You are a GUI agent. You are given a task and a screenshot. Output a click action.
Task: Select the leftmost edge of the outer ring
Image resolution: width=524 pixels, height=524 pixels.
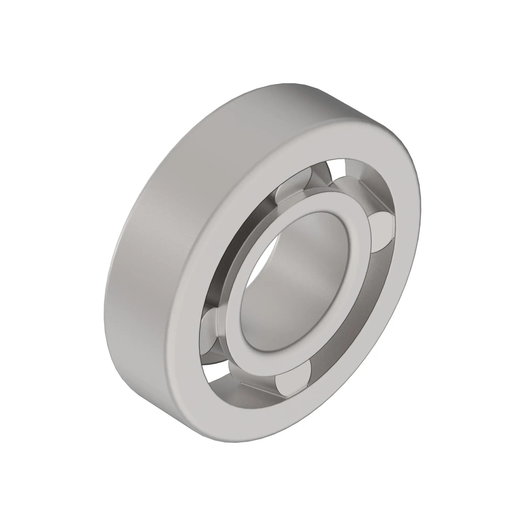coord(104,312)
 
